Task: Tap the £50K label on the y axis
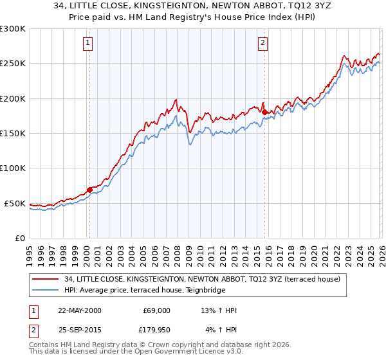[15, 203]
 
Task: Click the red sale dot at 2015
[264, 112]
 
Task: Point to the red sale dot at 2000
[89, 190]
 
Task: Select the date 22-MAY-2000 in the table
[79, 310]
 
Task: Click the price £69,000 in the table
[156, 310]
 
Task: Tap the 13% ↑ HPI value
[219, 310]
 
